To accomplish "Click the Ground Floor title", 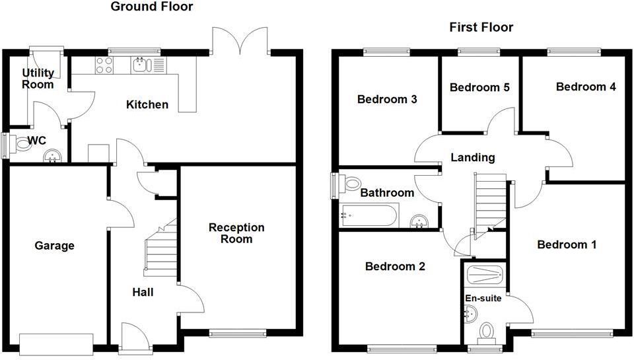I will (152, 7).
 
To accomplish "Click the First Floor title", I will (481, 27).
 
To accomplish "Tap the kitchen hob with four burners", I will (104, 65).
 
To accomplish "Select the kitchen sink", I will (140, 65).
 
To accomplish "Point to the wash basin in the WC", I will (52, 157).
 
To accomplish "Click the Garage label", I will (54, 246).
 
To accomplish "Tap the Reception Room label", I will (236, 233).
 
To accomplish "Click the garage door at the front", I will (57, 343).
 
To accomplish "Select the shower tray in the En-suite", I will (485, 274).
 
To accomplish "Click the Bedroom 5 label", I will (480, 87).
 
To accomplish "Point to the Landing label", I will (472, 158).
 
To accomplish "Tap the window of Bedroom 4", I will (573, 50).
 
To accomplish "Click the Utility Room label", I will (38, 79).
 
